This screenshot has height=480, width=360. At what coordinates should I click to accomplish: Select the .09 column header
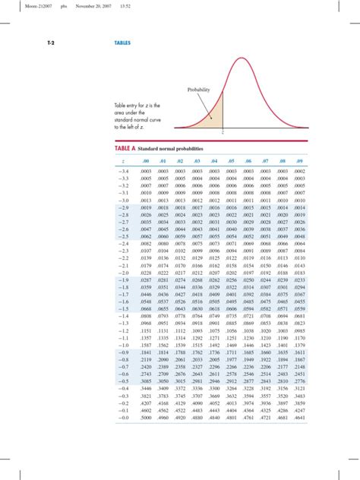coord(302,162)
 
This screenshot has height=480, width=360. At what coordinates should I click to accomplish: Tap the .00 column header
coord(144,162)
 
